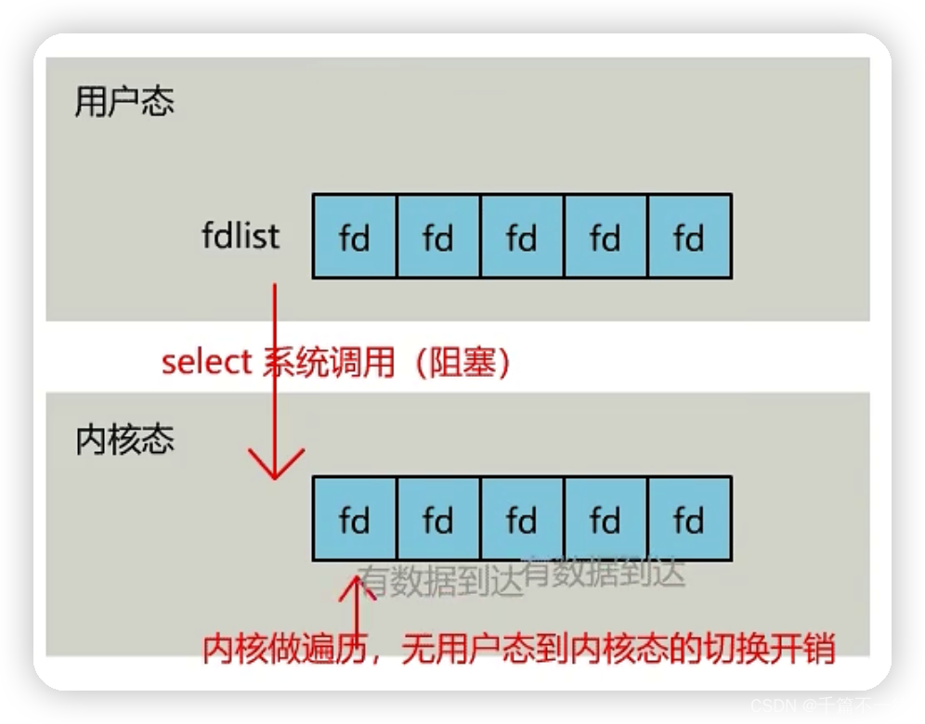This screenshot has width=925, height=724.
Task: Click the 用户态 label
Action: tap(124, 102)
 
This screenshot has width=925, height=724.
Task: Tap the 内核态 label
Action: tap(124, 440)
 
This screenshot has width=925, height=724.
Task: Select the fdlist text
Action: tap(240, 236)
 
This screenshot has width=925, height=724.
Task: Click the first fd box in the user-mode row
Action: tap(355, 236)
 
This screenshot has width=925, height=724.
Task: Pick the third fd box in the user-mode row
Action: tap(522, 236)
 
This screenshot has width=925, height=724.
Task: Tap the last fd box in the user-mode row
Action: tap(689, 236)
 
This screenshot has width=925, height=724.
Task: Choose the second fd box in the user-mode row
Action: tap(438, 236)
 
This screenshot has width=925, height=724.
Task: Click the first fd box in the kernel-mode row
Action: tap(355, 519)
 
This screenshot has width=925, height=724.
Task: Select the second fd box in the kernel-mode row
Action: tap(438, 519)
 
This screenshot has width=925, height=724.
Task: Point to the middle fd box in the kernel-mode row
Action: tap(522, 519)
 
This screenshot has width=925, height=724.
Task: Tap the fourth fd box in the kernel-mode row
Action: tap(606, 519)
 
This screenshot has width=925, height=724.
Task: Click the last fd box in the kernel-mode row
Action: tap(689, 519)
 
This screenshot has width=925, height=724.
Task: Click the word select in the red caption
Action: tap(206, 362)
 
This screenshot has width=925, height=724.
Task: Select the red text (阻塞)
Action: tap(462, 362)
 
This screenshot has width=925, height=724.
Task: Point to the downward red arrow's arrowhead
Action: tap(275, 468)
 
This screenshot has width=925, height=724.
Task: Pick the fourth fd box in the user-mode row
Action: tap(606, 236)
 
